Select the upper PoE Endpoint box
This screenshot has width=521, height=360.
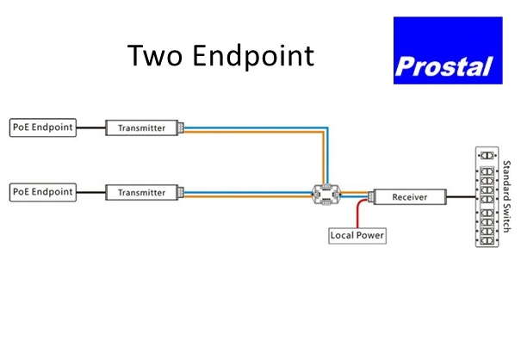click(x=42, y=127)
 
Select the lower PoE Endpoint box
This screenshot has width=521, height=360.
click(x=42, y=191)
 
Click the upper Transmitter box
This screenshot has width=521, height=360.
click(x=140, y=127)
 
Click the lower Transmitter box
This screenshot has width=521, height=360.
click(x=140, y=192)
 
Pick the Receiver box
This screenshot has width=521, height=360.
click(x=410, y=197)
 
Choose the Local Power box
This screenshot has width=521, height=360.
click(x=358, y=234)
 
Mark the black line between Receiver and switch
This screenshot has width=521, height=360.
click(x=462, y=197)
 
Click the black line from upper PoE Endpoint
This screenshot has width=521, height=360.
click(x=90, y=127)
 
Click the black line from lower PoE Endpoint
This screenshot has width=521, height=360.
click(x=90, y=191)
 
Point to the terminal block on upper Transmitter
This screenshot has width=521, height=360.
click(x=180, y=127)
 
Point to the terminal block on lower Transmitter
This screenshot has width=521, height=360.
click(x=180, y=192)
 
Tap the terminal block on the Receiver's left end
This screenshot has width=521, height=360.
click(x=370, y=197)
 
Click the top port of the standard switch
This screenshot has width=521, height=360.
click(x=488, y=155)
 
